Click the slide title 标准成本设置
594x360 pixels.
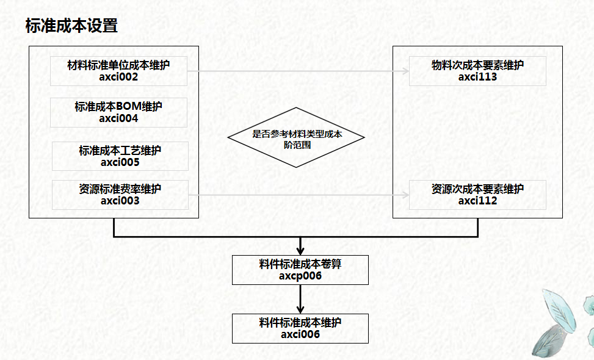click(x=71, y=26)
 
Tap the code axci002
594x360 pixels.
click(x=118, y=77)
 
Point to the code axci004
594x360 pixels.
click(x=118, y=118)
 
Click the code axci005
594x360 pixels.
click(x=120, y=163)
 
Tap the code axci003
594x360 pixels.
click(x=120, y=200)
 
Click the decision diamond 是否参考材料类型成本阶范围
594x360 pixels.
click(x=297, y=137)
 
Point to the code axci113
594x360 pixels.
click(x=477, y=77)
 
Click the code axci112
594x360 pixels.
click(x=477, y=201)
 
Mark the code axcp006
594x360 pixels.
click(x=300, y=276)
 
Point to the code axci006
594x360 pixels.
click(x=300, y=334)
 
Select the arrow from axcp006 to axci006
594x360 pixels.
click(x=300, y=299)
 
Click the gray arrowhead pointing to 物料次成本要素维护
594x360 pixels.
click(x=406, y=71)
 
